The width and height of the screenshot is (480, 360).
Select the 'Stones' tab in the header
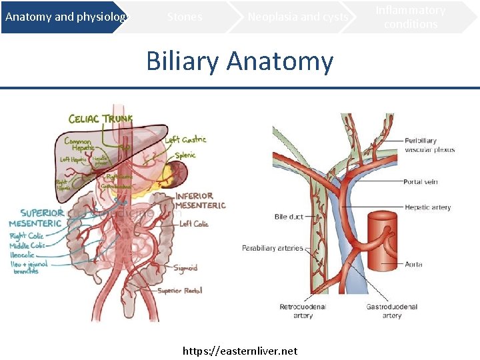coord(185,17)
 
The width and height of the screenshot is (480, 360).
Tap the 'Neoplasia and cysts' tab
coord(297,17)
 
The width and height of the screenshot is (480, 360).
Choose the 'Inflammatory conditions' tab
coord(411,17)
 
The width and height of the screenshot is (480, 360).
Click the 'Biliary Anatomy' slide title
coord(239,61)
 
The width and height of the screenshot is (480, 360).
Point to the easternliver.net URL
coord(240,351)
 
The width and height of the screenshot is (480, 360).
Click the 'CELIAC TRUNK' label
coord(101,119)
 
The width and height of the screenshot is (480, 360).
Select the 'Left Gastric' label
coord(185,139)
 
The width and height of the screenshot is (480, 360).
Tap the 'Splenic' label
coord(185,155)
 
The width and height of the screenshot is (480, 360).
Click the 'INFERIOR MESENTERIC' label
coord(200,201)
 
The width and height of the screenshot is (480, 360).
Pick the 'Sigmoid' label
coord(186,268)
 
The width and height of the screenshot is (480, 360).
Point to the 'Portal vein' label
coord(420,182)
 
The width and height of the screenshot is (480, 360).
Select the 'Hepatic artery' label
coord(427,207)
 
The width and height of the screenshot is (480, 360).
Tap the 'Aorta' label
coord(413,265)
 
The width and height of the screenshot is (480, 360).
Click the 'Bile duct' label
coord(289,217)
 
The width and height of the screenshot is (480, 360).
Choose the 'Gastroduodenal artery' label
coord(392,311)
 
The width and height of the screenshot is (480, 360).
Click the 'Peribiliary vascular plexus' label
coord(429,145)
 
